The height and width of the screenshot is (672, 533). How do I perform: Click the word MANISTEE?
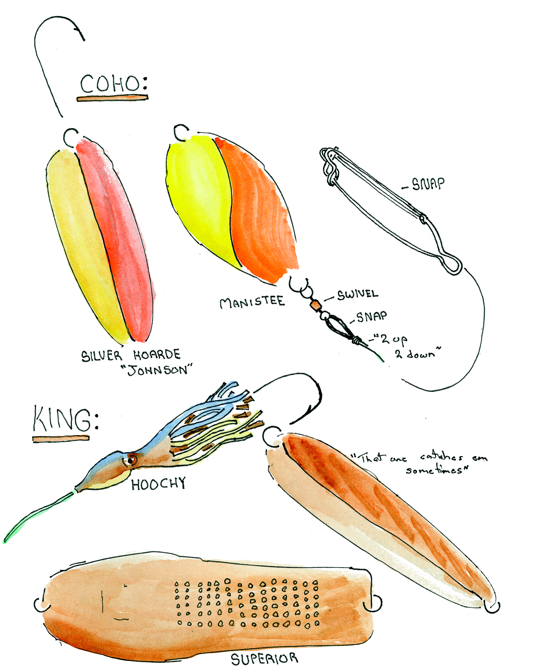pyautogui.click(x=252, y=302)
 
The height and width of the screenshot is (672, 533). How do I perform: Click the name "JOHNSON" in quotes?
pyautogui.click(x=156, y=370)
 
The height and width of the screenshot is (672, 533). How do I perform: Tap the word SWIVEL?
pyautogui.click(x=357, y=294)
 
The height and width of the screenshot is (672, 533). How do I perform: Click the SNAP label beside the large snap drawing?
pyautogui.click(x=428, y=184)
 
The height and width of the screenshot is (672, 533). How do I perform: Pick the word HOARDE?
pyautogui.click(x=157, y=355)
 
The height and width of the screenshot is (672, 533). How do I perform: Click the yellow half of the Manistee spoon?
pyautogui.click(x=200, y=193)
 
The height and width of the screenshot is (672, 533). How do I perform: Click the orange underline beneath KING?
pyautogui.click(x=61, y=438)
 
